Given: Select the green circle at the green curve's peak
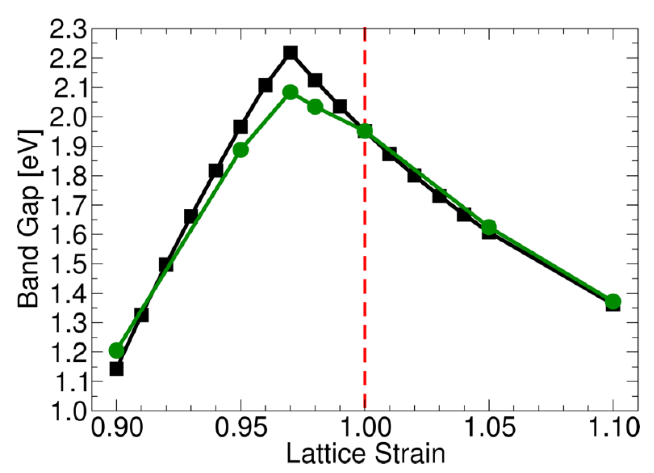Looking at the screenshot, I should (290, 92).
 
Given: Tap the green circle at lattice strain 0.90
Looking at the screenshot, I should (116, 350).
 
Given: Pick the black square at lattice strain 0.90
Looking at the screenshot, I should (116, 369).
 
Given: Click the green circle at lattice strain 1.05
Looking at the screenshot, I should (489, 227).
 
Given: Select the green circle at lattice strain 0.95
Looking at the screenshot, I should (240, 150).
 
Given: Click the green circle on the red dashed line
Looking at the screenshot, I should (365, 131).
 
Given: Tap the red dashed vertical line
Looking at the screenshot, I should (365, 270).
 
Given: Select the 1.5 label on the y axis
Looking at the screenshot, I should (68, 264).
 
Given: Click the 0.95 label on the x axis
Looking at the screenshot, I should (240, 428).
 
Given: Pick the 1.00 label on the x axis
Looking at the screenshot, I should (365, 428).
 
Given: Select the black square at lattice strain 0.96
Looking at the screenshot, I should (265, 86).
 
